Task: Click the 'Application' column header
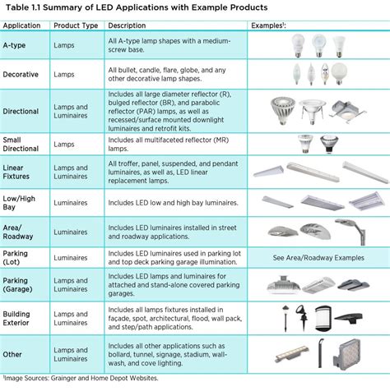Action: click(24, 25)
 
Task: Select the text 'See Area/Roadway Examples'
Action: click(318, 257)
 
